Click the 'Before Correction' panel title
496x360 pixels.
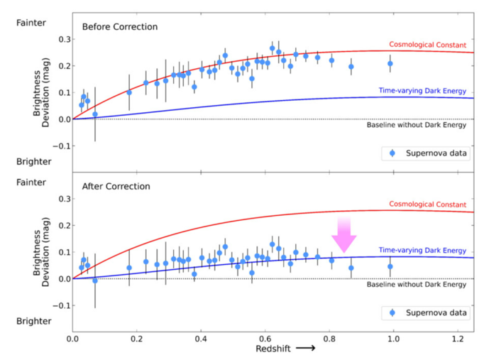[119, 28]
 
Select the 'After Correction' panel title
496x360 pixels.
[116, 187]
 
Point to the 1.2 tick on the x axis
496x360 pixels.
[457, 339]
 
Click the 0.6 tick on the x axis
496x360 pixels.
[265, 339]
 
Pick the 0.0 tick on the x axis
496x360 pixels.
[72, 339]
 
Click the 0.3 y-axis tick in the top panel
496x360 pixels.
[60, 39]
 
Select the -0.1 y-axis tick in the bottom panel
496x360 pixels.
[58, 306]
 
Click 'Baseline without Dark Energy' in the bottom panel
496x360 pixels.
[417, 285]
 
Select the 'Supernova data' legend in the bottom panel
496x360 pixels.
[430, 312]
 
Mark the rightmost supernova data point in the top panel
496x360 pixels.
[390, 64]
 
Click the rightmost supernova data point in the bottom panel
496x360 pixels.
[390, 266]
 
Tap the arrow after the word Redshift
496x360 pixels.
[307, 349]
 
